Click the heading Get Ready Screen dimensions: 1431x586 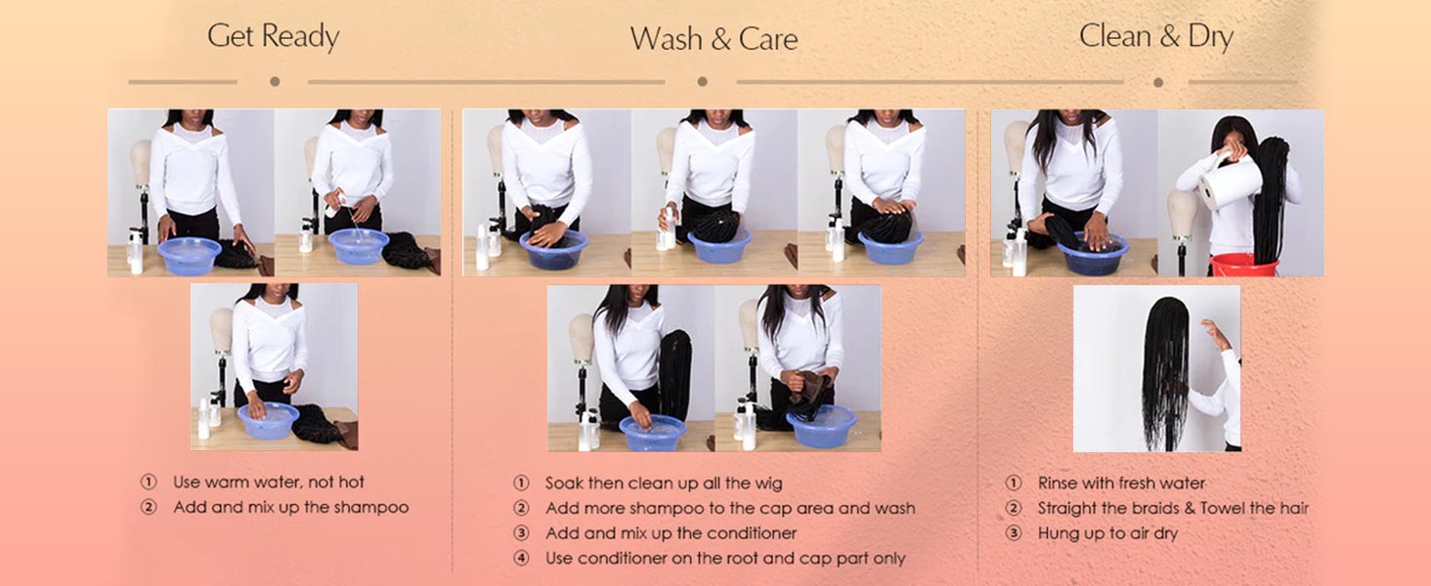point(274,36)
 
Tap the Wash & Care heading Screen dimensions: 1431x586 point(715,39)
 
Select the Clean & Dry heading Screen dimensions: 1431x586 point(1156,36)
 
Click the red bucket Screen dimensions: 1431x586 point(1243,265)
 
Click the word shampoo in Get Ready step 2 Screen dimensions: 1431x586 point(371,508)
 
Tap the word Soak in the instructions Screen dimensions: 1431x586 point(563,483)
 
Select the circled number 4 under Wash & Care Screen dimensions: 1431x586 point(521,558)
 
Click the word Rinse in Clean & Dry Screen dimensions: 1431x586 point(1058,482)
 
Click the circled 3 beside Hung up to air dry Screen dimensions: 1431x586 point(1014,533)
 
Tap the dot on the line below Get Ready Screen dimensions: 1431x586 point(275,82)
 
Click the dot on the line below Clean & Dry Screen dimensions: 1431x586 point(1158,82)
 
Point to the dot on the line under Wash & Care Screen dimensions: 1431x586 point(702,82)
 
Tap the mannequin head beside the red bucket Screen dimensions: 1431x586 point(1181,214)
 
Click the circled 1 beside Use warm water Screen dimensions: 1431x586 point(149,481)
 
